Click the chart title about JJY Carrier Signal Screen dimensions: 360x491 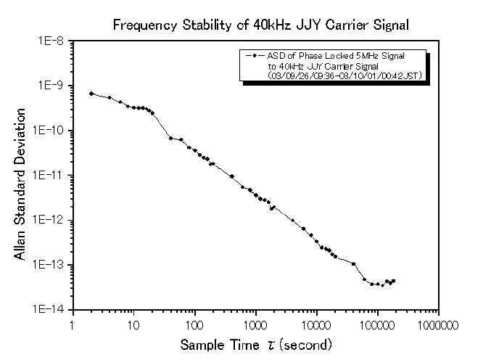(x=261, y=25)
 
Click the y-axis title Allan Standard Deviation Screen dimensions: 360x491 (x=21, y=185)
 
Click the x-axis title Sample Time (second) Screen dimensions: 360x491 (x=256, y=343)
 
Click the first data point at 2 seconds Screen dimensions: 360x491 (x=91, y=94)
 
